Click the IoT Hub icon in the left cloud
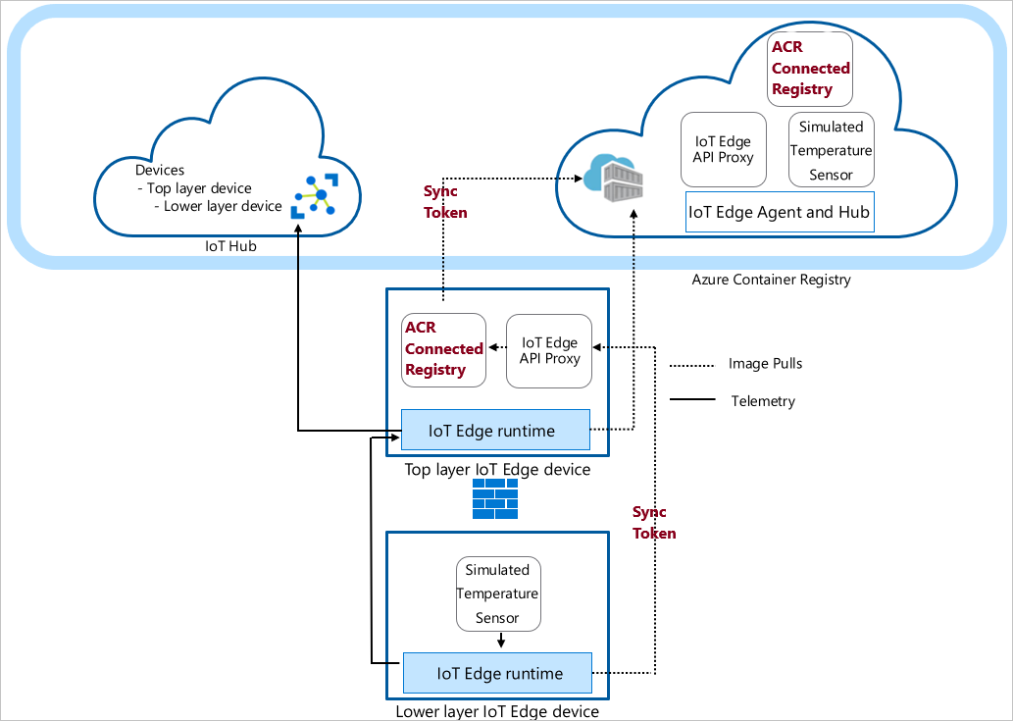tap(314, 195)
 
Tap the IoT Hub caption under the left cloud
tap(230, 246)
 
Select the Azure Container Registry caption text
tap(771, 280)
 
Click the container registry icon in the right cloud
tap(614, 178)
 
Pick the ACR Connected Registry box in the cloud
tap(810, 69)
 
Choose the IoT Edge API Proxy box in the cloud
tap(723, 149)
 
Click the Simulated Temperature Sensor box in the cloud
tap(831, 150)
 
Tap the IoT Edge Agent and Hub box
tap(780, 212)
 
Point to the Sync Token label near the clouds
tap(445, 201)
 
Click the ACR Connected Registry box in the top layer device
tap(444, 348)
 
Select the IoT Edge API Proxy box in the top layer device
tap(549, 350)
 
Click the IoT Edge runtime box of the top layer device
tap(495, 431)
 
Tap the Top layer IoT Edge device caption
tap(497, 470)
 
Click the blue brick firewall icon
tap(495, 499)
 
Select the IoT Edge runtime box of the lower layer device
tap(497, 673)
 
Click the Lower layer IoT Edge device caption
tap(496, 711)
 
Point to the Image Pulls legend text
tap(765, 364)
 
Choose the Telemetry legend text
tap(763, 401)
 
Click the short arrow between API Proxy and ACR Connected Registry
tap(496, 346)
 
